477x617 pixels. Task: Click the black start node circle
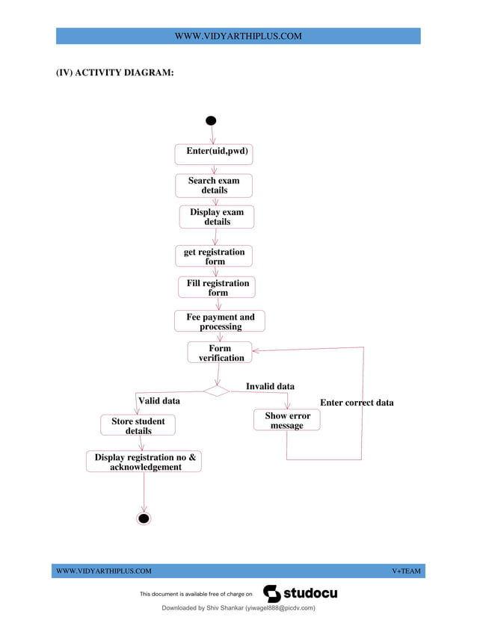211,121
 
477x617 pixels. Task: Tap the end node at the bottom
144,518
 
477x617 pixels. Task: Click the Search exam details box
214,185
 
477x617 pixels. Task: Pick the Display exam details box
217,217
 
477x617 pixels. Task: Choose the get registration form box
215,256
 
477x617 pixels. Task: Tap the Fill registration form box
218,288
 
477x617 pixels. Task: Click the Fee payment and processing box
220,321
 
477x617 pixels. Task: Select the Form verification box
221,353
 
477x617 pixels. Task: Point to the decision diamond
216,390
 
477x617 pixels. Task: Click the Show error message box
287,420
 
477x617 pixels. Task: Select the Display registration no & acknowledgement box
145,462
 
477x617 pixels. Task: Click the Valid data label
159,401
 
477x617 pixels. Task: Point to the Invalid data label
270,386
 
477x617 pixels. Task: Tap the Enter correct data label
357,403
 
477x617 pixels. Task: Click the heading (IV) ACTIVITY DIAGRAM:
115,72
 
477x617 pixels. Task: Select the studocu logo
301,594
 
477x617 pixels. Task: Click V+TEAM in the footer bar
406,571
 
